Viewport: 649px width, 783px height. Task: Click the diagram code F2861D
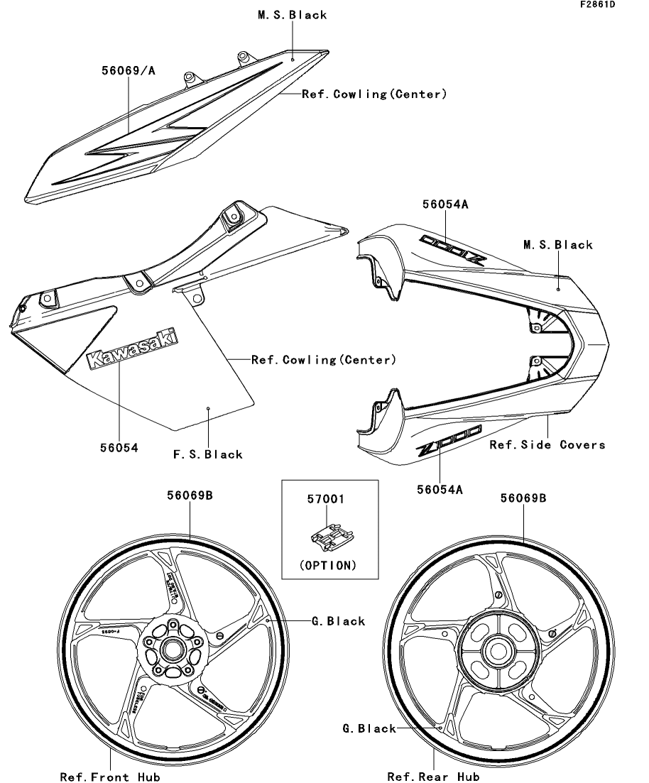[x=597, y=5]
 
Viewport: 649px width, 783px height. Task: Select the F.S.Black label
[x=209, y=454]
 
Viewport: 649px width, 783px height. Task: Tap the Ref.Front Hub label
[x=110, y=776]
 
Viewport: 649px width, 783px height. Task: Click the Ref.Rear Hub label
[x=434, y=776]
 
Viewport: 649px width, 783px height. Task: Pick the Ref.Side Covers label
[x=547, y=444]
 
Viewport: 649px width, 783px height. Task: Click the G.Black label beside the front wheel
[x=338, y=621]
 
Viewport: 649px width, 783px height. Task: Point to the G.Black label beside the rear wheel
[x=369, y=728]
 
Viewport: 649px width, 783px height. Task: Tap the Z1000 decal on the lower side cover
[x=449, y=439]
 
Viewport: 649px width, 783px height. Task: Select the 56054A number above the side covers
[x=445, y=204]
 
